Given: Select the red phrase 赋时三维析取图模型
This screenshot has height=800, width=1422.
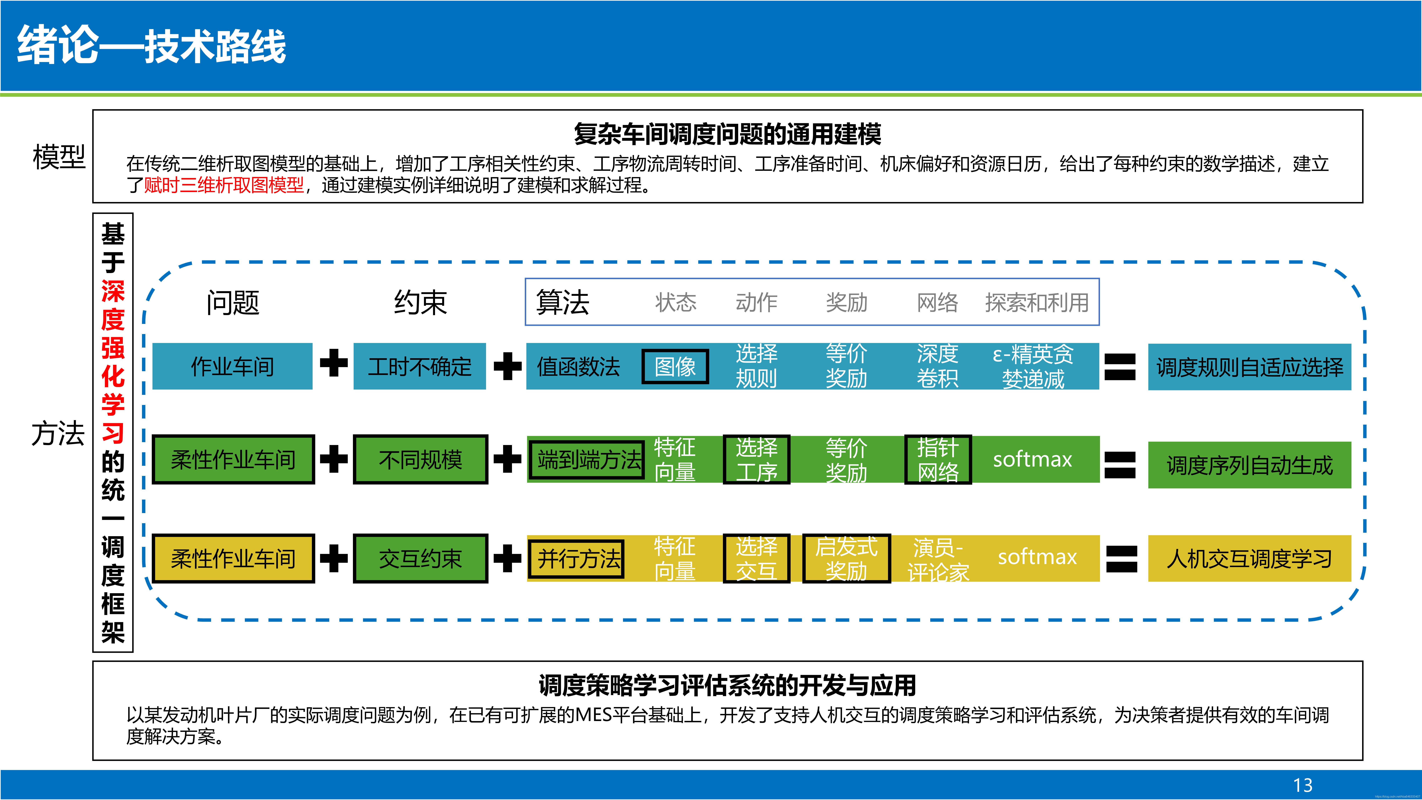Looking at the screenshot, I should pyautogui.click(x=224, y=185).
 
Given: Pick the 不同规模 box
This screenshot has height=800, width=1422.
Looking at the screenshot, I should pyautogui.click(x=420, y=459).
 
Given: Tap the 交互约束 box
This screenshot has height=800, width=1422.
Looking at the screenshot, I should pyautogui.click(x=420, y=559).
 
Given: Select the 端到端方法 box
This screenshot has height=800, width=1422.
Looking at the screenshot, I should pyautogui.click(x=587, y=459).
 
